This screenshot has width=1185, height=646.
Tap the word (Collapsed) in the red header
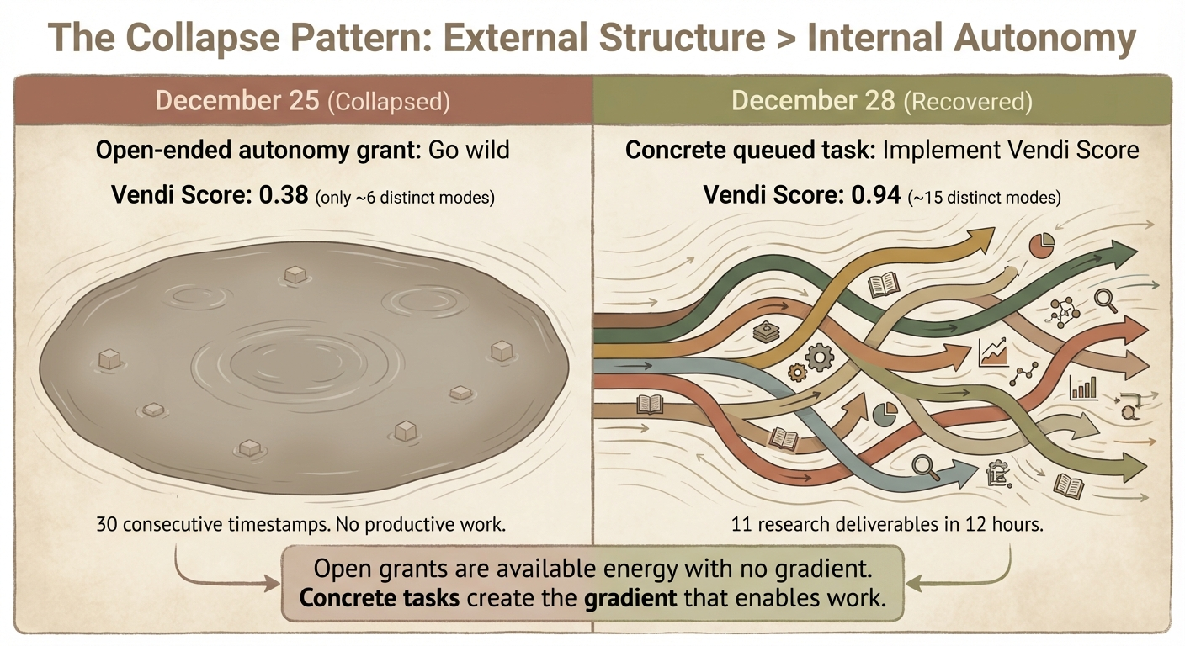(x=388, y=102)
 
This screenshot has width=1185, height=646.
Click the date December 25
(x=236, y=101)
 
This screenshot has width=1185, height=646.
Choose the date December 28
(x=814, y=101)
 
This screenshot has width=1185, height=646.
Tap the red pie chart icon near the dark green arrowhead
(x=1042, y=246)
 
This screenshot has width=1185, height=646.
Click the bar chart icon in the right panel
(x=1084, y=388)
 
